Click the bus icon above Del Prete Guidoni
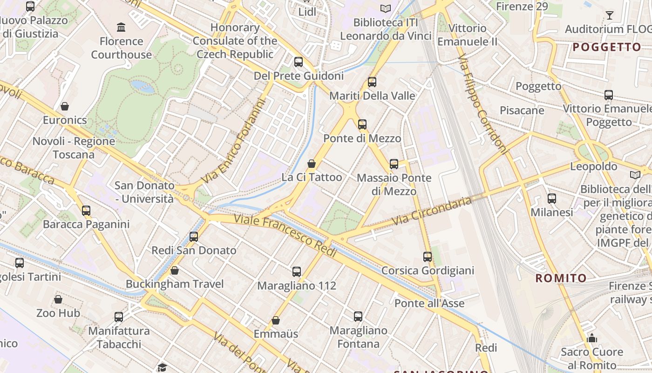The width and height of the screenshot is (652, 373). click(299, 62)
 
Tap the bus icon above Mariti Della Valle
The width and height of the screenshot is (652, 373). click(372, 82)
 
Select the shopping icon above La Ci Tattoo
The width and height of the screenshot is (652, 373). click(312, 164)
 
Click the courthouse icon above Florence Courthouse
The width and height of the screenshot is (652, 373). click(122, 27)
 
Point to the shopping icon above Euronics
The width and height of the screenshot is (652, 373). click(65, 106)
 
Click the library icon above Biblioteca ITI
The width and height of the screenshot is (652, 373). click(385, 8)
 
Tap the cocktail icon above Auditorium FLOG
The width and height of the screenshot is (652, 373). click(609, 15)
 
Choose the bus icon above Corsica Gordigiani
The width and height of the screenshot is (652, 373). click(428, 256)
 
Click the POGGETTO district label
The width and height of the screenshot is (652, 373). click(607, 47)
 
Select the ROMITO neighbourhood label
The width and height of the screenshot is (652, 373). click(561, 278)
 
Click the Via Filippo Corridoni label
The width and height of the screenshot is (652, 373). click(482, 104)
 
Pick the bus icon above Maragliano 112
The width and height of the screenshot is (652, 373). click(297, 271)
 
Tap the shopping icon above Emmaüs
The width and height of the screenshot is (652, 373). click(276, 320)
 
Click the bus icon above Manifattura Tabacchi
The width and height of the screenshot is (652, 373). click(119, 317)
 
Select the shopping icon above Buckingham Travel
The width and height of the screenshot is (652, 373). click(175, 270)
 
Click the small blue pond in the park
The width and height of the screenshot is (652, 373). click(143, 86)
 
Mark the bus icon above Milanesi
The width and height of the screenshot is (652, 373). click(552, 199)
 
